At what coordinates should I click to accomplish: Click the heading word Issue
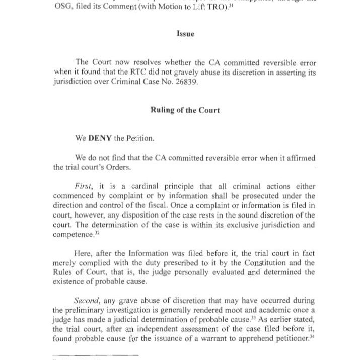tap(185, 34)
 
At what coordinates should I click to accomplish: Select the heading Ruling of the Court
tap(185, 110)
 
